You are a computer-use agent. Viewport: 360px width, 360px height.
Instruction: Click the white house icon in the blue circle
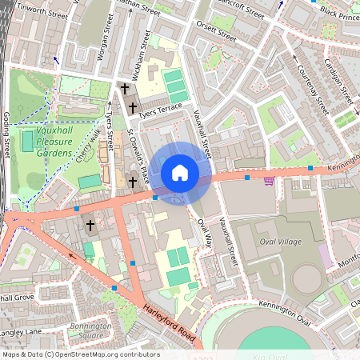[x=180, y=173]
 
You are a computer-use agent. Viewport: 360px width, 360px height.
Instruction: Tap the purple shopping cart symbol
[x=270, y=180]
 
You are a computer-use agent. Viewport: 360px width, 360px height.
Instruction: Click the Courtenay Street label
[x=312, y=84]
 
